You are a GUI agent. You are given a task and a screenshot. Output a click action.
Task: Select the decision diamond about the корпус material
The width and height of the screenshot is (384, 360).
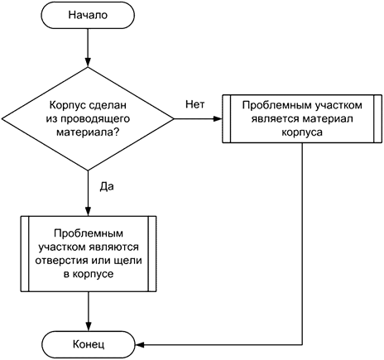click(88, 122)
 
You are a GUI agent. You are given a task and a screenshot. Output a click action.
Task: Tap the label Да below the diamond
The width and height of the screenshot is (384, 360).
click(106, 186)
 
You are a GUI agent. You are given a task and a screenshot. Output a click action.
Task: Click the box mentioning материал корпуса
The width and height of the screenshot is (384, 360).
click(304, 122)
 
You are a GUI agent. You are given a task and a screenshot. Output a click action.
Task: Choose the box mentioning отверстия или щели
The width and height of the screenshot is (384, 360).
click(88, 253)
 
